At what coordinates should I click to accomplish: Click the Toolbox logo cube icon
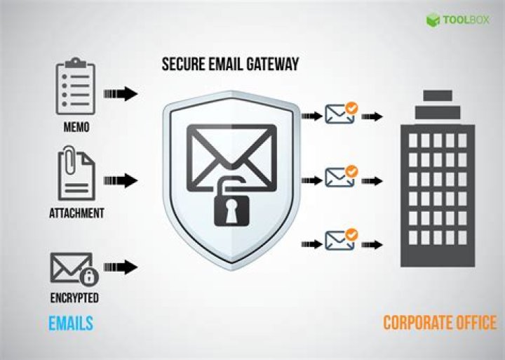433,20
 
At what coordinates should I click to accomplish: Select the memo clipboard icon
76,86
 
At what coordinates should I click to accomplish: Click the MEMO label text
76,127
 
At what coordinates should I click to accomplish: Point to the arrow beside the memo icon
121,94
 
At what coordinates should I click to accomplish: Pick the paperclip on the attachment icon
68,160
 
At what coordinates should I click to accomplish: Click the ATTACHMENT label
76,213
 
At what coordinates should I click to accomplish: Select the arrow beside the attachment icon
121,180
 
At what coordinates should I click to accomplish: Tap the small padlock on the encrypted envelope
89,276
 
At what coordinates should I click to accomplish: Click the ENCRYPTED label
74,298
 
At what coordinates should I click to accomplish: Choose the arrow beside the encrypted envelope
121,267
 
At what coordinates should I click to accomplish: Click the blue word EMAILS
71,324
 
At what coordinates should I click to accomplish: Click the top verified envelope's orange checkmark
351,108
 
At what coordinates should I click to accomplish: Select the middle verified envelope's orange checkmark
351,171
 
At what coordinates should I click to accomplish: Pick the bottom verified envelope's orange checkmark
351,235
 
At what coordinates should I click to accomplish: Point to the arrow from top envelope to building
372,116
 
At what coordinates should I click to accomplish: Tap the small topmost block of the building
438,95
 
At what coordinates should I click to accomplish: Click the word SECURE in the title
183,64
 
